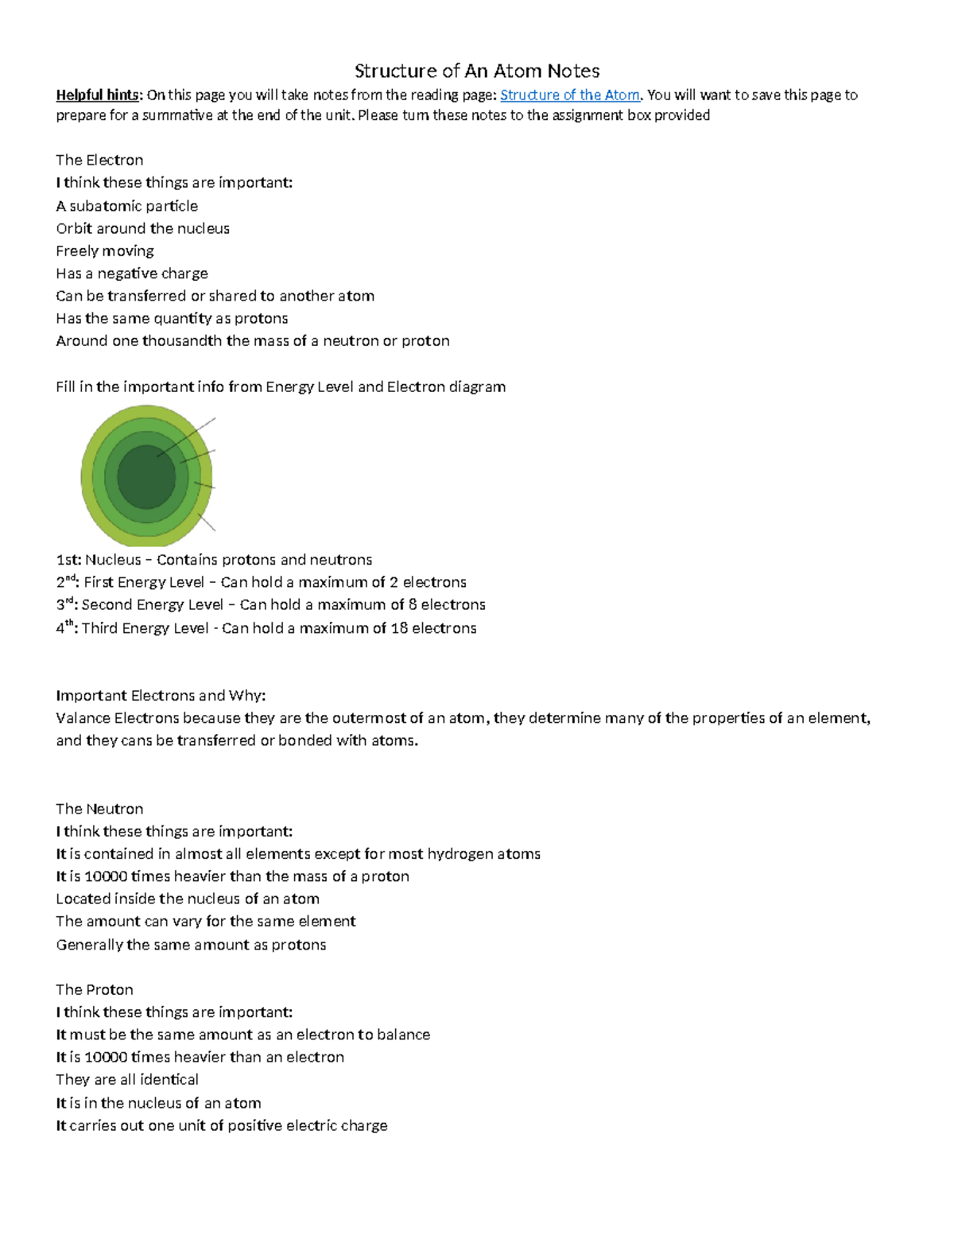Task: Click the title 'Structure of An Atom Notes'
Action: tap(476, 71)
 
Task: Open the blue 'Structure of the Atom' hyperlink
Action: tap(569, 95)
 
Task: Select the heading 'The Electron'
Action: tap(99, 160)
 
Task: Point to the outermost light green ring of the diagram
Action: tap(87, 477)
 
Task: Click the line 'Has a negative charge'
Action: tap(132, 274)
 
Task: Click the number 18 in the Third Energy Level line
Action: tap(399, 628)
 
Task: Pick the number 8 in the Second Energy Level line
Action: tap(412, 605)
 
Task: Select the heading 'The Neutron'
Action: tap(99, 809)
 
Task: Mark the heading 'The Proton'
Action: tap(94, 989)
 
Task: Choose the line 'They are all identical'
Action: tap(127, 1080)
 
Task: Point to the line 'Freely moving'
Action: tap(105, 251)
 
